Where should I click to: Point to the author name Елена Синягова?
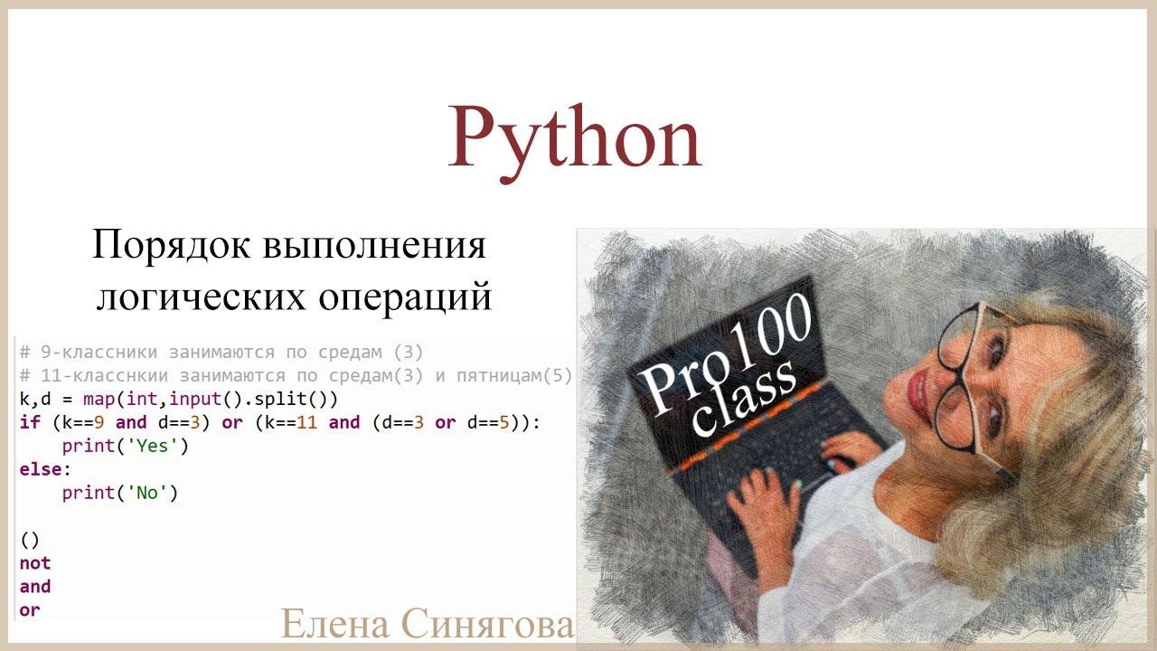(x=427, y=624)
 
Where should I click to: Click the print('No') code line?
(x=119, y=493)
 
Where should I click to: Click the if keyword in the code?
(x=29, y=422)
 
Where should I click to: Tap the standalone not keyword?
(x=34, y=563)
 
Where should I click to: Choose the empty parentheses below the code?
(x=30, y=540)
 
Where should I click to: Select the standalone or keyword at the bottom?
(x=30, y=610)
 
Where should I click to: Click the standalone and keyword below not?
(x=34, y=587)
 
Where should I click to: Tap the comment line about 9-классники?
(x=221, y=352)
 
